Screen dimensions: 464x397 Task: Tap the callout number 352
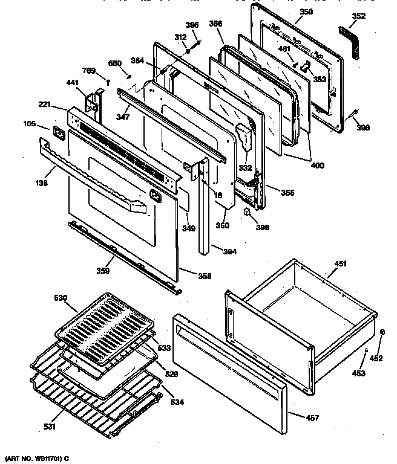coord(359,17)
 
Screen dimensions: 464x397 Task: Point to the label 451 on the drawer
coord(341,263)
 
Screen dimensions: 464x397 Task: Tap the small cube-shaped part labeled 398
coord(247,211)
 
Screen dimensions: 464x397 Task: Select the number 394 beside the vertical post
coord(229,252)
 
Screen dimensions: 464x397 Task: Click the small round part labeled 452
coord(382,332)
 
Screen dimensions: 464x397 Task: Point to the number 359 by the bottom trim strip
coord(103,271)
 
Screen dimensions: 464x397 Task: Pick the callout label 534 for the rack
coord(177,402)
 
